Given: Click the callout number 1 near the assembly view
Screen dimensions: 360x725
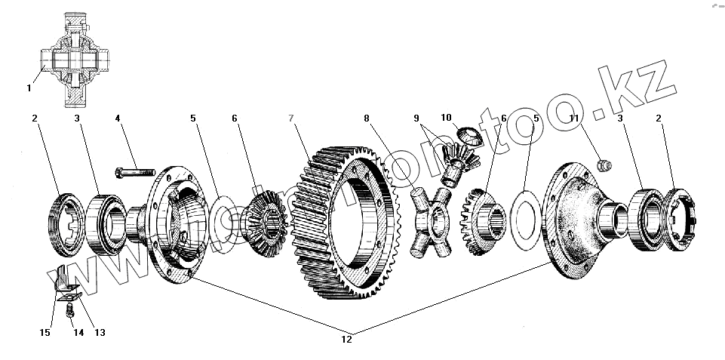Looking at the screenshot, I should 29,88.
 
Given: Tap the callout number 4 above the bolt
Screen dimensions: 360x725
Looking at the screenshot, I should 118,118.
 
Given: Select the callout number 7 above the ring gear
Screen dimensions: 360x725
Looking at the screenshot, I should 292,118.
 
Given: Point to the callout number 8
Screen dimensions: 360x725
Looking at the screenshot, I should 366,118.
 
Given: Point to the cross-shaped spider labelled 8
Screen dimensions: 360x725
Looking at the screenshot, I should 431,221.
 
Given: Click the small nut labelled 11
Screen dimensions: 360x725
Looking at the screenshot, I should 604,164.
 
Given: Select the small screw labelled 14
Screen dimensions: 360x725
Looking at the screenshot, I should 69,309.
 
